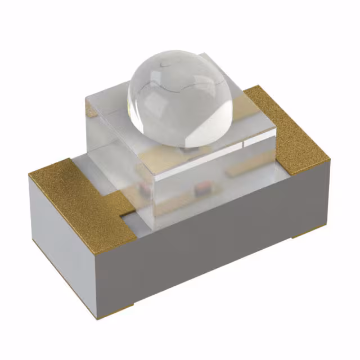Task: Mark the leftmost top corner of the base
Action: pos(29,174)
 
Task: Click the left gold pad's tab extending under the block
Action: pos(121,202)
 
